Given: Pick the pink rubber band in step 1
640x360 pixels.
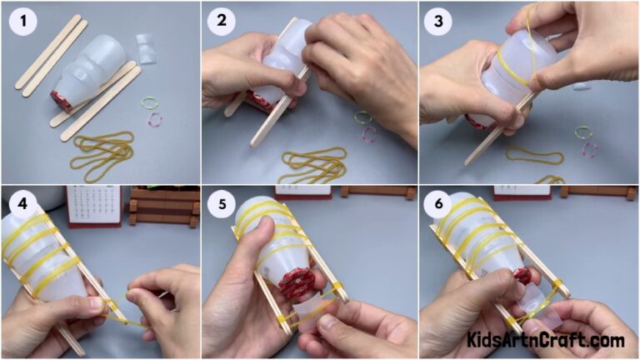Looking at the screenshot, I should click(x=156, y=120).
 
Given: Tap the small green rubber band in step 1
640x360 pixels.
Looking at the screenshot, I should click(x=150, y=102).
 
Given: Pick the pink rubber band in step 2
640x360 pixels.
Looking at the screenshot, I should click(x=368, y=133).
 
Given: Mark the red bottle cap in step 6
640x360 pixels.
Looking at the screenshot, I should click(x=522, y=276).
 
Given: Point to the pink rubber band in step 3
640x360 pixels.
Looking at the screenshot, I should click(x=590, y=150).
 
